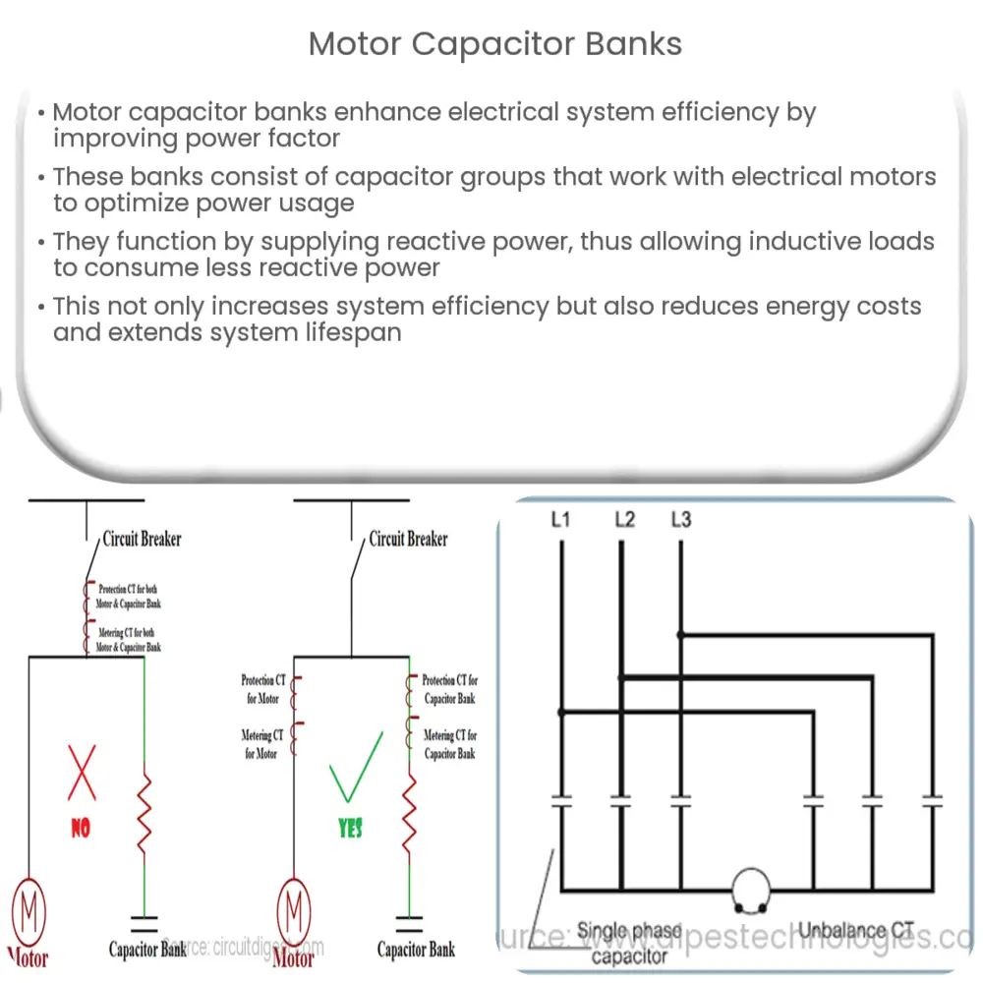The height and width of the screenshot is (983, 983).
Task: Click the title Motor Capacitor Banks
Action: click(495, 44)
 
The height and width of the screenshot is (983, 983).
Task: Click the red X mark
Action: click(81, 773)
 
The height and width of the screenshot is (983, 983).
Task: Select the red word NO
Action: click(80, 829)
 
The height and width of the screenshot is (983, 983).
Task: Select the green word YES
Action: click(349, 828)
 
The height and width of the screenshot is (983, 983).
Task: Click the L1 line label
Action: click(560, 519)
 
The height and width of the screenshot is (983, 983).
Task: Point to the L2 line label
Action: click(624, 519)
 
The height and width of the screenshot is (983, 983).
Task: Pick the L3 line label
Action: click(679, 519)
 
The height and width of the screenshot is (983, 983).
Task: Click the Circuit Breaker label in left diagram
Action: click(143, 539)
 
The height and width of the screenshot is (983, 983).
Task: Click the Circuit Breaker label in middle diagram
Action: click(408, 539)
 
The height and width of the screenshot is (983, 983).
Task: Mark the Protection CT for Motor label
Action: click(261, 689)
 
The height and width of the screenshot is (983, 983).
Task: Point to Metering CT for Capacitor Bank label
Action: click(450, 744)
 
